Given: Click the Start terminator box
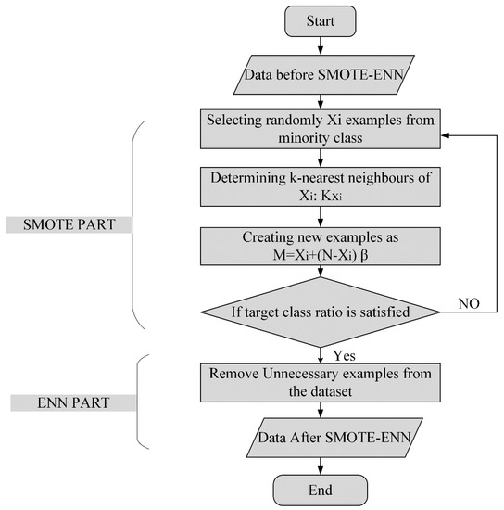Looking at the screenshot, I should [x=321, y=19].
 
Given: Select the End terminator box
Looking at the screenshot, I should [x=321, y=489].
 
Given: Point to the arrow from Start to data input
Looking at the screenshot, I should [x=321, y=46].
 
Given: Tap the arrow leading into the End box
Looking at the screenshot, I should [x=321, y=464].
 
